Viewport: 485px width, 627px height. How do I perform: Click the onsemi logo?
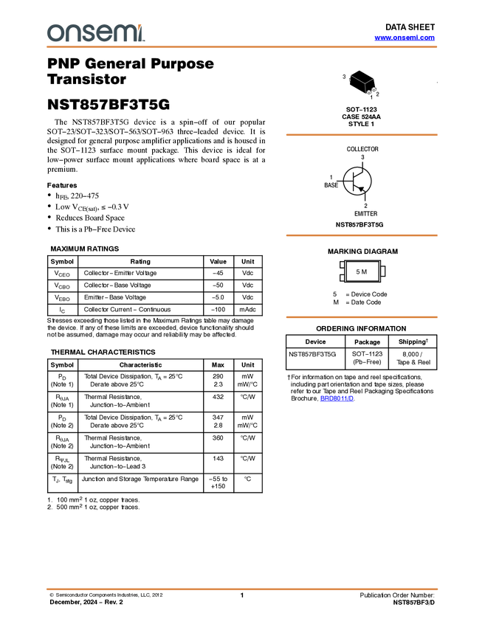pos(96,33)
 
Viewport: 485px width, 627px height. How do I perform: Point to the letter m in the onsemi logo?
pos(123,33)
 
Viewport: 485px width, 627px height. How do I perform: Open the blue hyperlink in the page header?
pos(405,38)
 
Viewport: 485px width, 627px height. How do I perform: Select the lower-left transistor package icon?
pos(368,93)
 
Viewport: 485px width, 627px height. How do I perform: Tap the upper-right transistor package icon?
pos(374,89)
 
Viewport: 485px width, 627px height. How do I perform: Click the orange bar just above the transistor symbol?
pos(361,135)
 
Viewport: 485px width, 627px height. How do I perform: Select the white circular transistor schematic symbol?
pos(357,181)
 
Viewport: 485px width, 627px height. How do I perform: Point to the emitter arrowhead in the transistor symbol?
pos(362,188)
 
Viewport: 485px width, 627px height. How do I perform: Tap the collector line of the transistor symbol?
pos(360,174)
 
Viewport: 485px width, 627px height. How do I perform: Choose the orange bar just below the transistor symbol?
pos(361,235)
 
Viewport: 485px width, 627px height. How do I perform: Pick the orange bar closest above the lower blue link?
pos(361,317)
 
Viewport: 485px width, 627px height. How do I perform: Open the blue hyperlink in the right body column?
pos(337,398)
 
